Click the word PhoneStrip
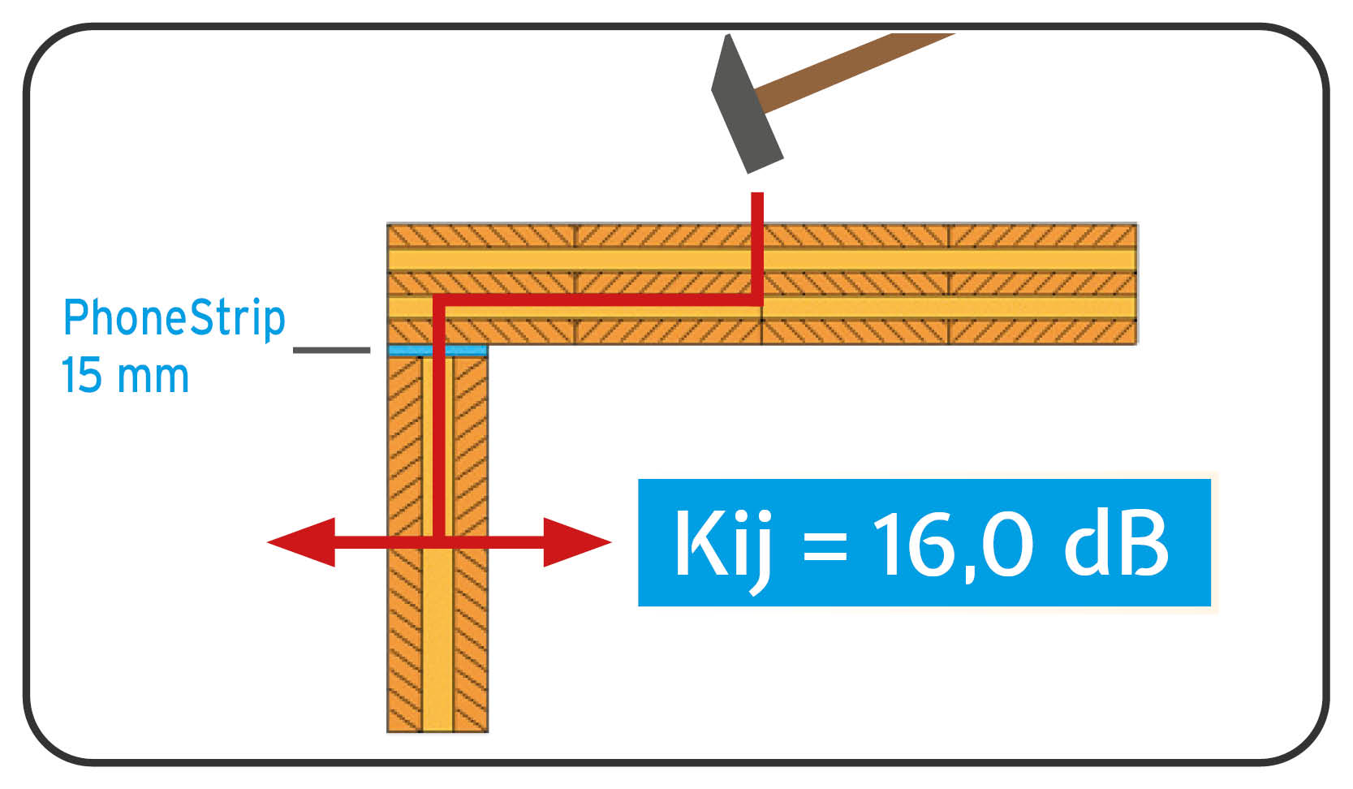pos(174,317)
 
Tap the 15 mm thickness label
pos(125,376)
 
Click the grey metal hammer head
pos(744,106)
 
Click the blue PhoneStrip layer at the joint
pos(437,351)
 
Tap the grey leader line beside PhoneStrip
pos(331,350)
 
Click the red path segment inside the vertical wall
pos(438,438)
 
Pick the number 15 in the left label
pos(81,376)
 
